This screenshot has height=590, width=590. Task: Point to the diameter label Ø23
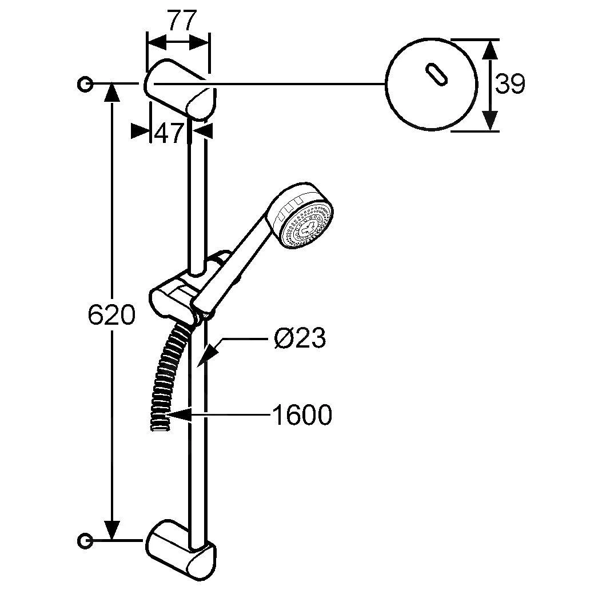pyautogui.click(x=300, y=339)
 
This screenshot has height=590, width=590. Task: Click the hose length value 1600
pyautogui.click(x=301, y=415)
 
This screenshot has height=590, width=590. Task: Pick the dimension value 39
pyautogui.click(x=509, y=85)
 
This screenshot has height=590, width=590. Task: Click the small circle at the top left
pyautogui.click(x=84, y=84)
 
